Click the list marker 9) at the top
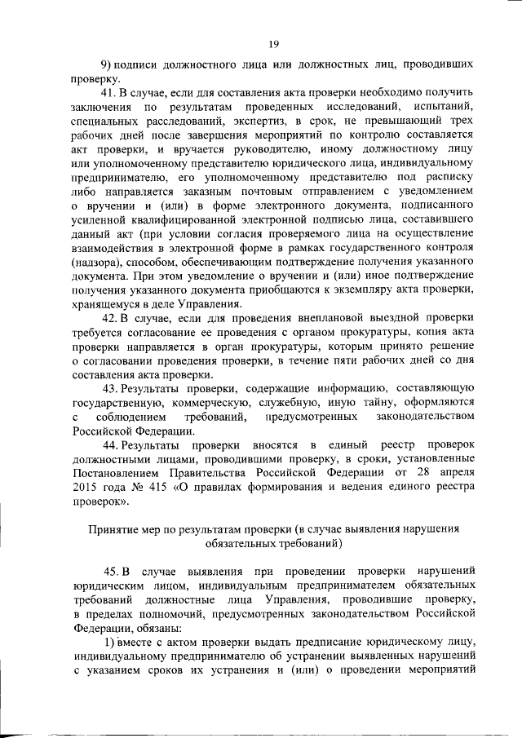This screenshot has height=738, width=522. point(105,64)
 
